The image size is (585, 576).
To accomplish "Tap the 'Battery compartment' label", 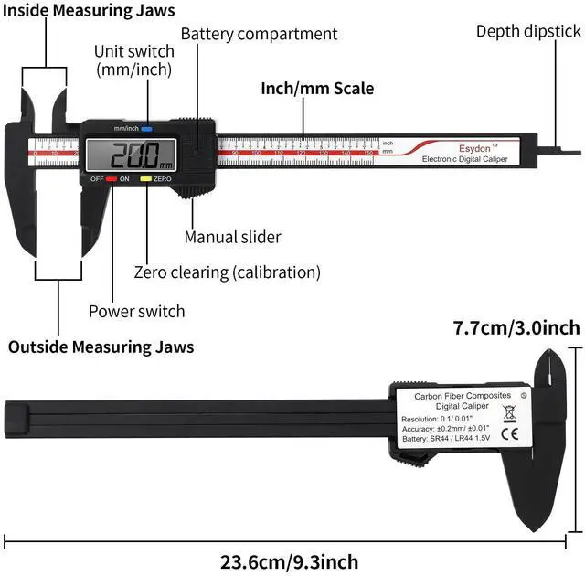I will pos(259,34).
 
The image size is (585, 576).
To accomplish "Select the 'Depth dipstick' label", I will pos(528,31).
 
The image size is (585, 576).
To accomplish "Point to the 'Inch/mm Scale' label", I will pos(317,90).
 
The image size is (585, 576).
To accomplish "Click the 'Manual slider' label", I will pos(232,237).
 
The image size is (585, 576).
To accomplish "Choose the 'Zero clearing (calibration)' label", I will pos(227,272).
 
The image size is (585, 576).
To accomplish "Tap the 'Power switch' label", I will pos(136,311).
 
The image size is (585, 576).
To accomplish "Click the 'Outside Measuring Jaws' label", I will pos(101,347).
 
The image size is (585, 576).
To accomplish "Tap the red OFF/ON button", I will pos(111,179).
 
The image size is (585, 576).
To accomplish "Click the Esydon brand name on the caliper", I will pos(459,145).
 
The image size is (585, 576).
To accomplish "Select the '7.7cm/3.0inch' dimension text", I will pos(516,327).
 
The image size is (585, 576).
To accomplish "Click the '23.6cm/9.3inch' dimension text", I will pos(290,561).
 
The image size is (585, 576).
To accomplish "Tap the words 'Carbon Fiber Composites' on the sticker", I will pos(450,396).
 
